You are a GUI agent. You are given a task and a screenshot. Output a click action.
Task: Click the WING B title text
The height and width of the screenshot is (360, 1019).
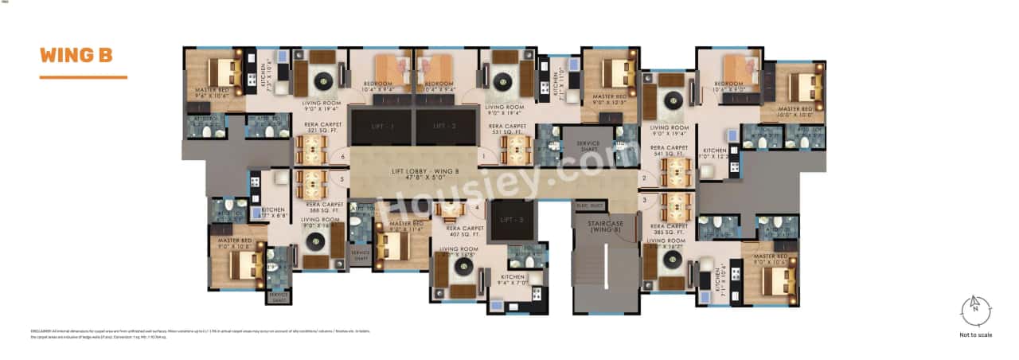[76, 56]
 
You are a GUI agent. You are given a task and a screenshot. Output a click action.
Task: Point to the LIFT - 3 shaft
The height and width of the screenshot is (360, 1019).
[508, 219]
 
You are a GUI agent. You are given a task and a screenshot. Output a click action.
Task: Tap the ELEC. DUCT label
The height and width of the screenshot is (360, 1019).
[589, 206]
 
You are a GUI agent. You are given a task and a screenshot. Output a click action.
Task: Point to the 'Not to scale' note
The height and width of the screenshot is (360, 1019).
[975, 335]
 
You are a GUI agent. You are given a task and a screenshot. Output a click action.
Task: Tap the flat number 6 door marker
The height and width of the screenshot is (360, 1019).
[343, 158]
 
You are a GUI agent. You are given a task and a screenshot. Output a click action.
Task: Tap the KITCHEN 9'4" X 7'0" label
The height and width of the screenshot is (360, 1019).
[513, 280]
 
